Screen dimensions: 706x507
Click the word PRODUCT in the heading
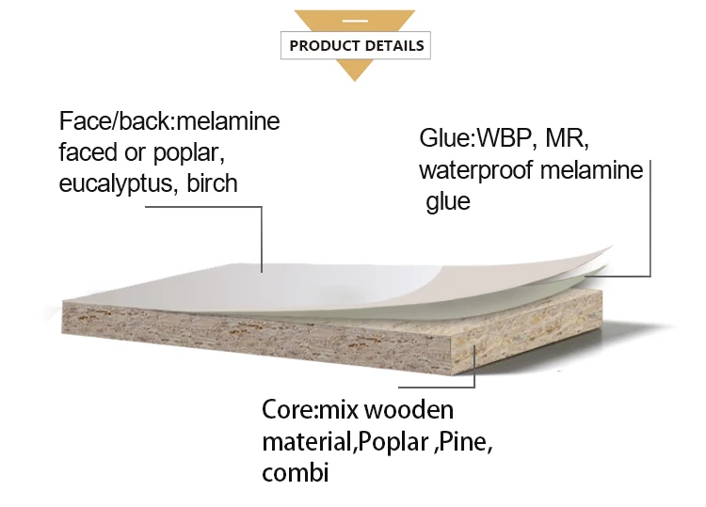[325, 45]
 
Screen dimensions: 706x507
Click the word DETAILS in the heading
[394, 45]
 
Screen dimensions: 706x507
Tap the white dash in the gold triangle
[355, 21]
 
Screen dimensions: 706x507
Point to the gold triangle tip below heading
[355, 81]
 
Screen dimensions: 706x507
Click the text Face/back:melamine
[169, 121]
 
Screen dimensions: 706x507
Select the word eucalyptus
[117, 184]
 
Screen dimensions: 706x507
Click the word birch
[212, 183]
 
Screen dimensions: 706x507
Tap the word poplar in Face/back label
[188, 153]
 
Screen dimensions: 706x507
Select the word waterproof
[476, 171]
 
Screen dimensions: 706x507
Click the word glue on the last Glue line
[448, 201]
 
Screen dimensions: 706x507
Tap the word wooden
[409, 410]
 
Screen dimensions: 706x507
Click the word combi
[296, 473]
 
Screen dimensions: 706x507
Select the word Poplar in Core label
[393, 443]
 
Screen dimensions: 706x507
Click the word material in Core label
[310, 442]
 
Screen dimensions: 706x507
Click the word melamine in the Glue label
[592, 170]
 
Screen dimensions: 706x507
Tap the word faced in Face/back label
[88, 152]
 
